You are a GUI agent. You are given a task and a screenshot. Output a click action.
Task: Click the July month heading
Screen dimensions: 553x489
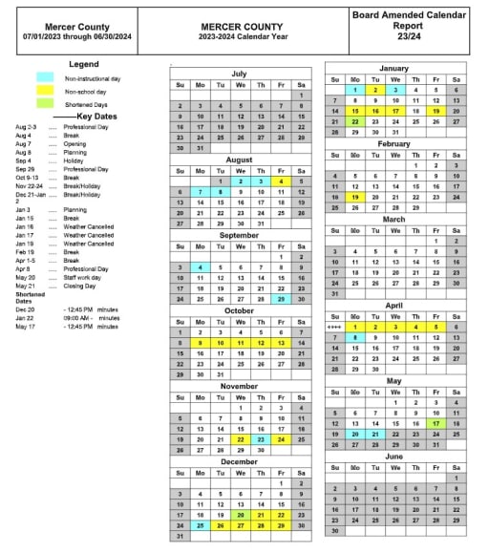[x=240, y=74]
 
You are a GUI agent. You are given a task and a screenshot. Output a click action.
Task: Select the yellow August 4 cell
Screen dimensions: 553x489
[x=281, y=181]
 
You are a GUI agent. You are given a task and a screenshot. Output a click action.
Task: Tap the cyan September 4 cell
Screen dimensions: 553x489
[x=200, y=267]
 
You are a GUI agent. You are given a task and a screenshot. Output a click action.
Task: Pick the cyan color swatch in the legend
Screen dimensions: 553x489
[x=45, y=76]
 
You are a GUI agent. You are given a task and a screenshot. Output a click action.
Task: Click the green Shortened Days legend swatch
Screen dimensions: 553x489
[x=45, y=104]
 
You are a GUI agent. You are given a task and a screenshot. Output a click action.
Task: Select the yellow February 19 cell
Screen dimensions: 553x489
[x=354, y=196]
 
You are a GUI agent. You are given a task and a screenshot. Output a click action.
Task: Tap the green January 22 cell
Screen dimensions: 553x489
[x=354, y=121]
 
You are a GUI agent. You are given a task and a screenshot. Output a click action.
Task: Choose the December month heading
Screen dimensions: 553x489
[x=240, y=460]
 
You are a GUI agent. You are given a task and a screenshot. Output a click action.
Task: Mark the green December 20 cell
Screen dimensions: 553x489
[x=241, y=514]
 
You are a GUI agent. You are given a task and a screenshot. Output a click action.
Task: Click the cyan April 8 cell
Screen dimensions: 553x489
[x=354, y=337]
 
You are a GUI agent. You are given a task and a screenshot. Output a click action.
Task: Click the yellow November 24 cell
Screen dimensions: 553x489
[x=281, y=439]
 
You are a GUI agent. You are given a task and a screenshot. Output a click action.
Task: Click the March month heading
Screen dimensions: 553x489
[x=394, y=219]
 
